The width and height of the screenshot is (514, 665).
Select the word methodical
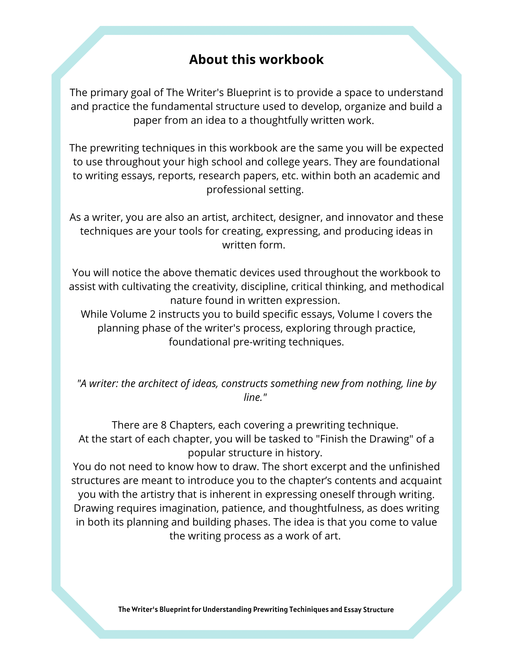tap(417, 287)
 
